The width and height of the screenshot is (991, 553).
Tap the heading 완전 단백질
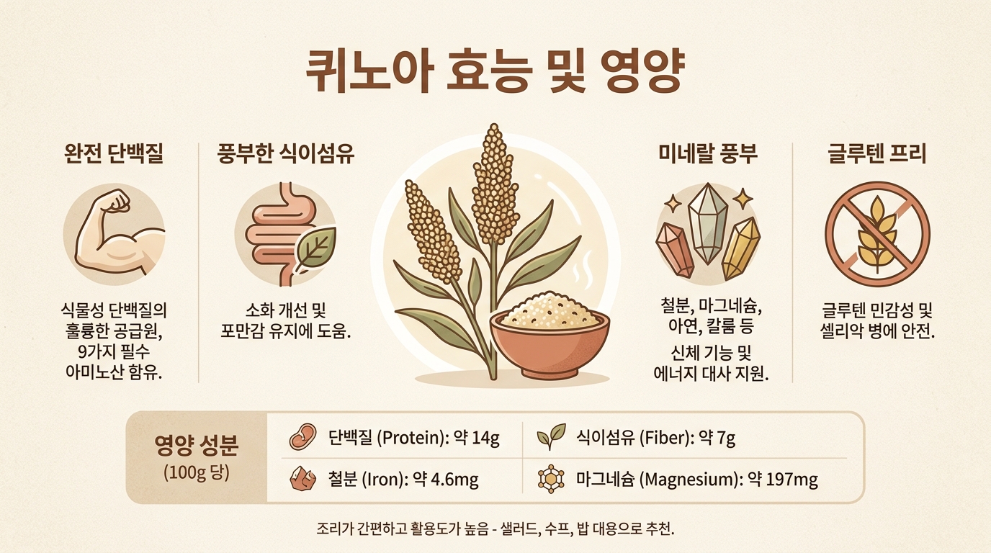pos(114,154)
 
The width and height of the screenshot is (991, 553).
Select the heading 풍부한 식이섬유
pos(286,154)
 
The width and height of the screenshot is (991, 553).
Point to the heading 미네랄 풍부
pos(708,154)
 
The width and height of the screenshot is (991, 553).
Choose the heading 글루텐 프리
pos(877,154)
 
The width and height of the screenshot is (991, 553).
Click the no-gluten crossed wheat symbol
pos(877,234)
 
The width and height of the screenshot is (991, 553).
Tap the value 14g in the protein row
pos(485,438)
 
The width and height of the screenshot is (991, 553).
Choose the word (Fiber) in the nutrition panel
pos(665,438)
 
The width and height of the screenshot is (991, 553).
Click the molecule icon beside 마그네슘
pos(551,479)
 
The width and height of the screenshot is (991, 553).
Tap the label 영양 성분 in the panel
pos(197,446)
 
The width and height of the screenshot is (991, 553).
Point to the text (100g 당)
pos(197,473)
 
